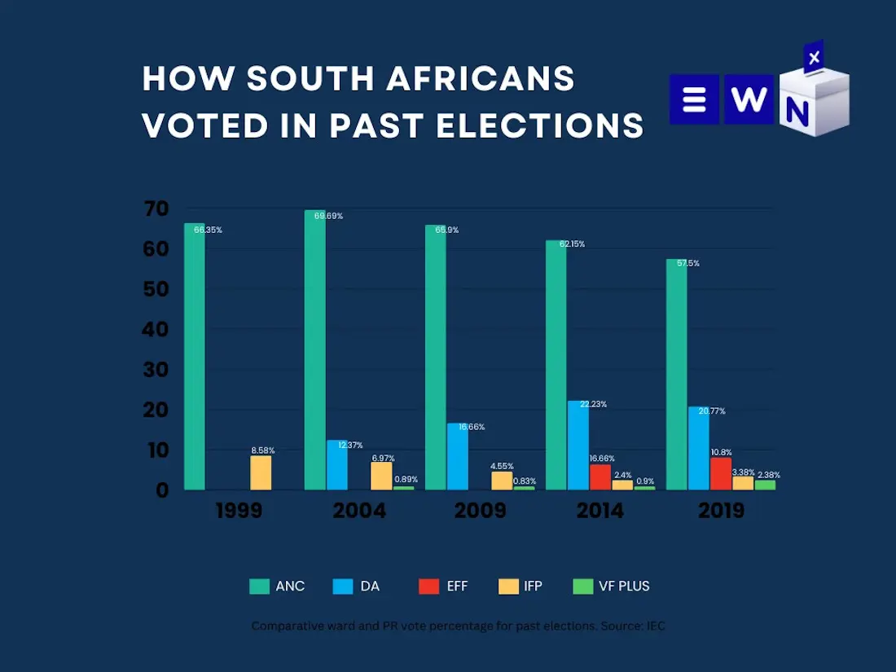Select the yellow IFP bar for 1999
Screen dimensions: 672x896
click(261, 472)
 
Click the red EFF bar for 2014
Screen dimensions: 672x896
click(600, 477)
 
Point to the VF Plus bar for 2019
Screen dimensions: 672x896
click(765, 485)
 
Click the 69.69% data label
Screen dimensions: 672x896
click(328, 216)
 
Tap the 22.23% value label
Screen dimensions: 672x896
click(593, 404)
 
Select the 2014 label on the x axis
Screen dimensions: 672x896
click(600, 511)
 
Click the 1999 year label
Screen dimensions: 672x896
click(239, 511)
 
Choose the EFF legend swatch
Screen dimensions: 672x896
click(428, 586)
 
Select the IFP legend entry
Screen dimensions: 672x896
click(520, 586)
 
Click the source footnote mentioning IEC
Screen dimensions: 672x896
click(459, 626)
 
